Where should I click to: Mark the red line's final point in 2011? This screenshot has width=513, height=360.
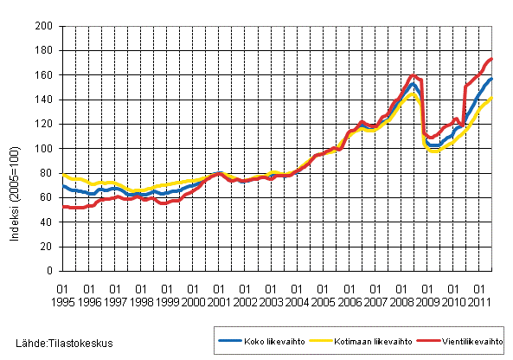point(492,60)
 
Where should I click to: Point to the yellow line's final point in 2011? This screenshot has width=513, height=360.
point(492,99)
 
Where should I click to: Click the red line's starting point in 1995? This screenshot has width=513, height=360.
point(63,206)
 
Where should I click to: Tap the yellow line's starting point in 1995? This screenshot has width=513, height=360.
point(63,175)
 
